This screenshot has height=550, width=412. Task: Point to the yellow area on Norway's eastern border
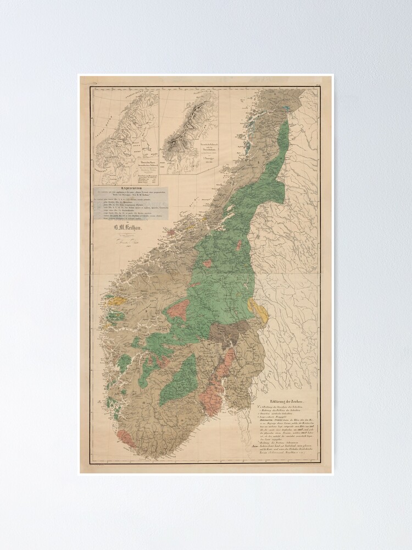(x=259, y=311)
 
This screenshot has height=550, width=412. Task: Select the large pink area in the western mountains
(x=178, y=309)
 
